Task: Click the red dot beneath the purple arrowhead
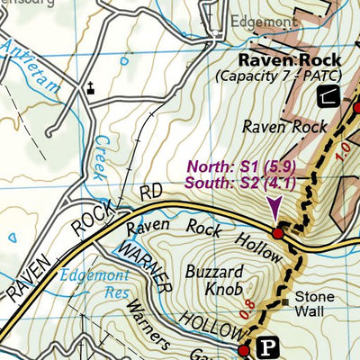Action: (278, 233)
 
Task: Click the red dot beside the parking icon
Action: (243, 349)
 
